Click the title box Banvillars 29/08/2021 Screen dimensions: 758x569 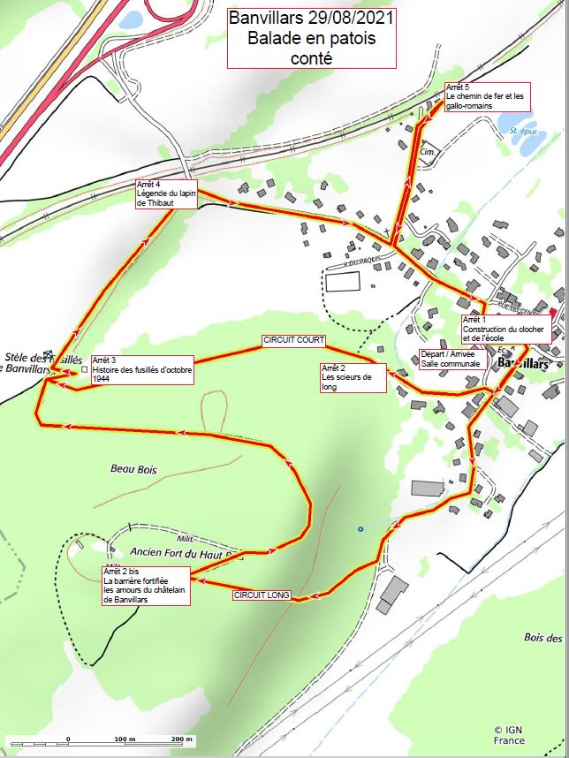point(309,38)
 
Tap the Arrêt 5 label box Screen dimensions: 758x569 point(487,96)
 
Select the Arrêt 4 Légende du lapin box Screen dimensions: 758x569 point(167,195)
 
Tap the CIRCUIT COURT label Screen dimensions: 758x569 point(294,340)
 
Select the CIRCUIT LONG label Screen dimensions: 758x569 point(262,595)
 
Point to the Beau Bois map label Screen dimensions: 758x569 point(133,470)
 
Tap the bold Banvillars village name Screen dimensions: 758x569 point(524,363)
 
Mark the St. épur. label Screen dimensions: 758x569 point(524,131)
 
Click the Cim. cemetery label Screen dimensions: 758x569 point(430,152)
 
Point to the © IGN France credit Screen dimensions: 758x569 point(510,735)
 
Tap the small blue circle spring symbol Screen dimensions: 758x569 point(360,529)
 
